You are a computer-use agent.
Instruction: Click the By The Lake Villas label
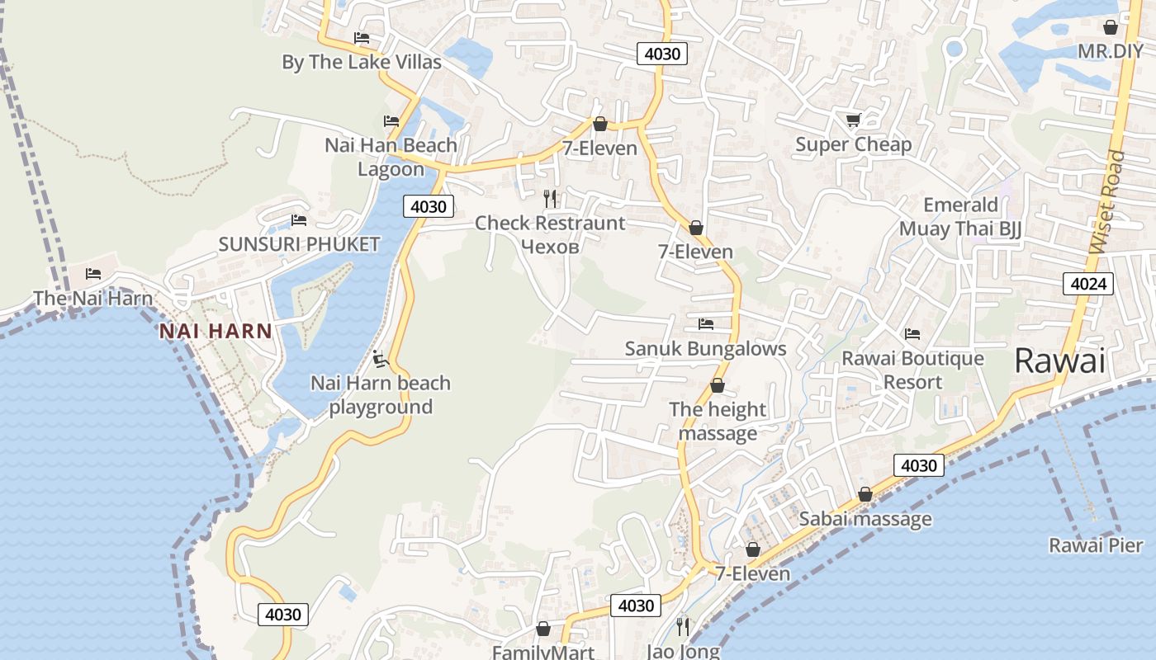click(362, 63)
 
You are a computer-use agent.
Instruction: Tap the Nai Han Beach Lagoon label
click(391, 157)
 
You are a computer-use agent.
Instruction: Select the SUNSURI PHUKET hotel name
click(299, 244)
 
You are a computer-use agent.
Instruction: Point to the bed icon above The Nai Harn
click(93, 274)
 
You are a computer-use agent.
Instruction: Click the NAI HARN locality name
click(216, 332)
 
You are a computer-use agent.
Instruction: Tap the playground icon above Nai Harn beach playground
click(380, 359)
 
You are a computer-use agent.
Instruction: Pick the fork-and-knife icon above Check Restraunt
click(550, 199)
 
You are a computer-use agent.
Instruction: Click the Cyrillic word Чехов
click(550, 246)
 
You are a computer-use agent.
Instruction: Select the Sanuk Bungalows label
click(705, 349)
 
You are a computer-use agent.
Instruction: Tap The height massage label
click(718, 421)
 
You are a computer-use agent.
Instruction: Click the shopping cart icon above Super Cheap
click(853, 120)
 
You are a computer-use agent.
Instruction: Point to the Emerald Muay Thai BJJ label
click(960, 217)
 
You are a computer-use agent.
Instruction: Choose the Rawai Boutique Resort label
click(912, 370)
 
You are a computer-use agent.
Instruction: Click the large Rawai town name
click(1059, 361)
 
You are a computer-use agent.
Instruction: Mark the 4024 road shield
click(1088, 285)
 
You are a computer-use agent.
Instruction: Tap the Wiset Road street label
click(1107, 202)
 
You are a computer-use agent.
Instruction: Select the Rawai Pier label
click(1096, 545)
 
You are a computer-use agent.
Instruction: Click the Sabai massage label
click(865, 519)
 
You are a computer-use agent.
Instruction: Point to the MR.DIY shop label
click(1111, 51)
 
